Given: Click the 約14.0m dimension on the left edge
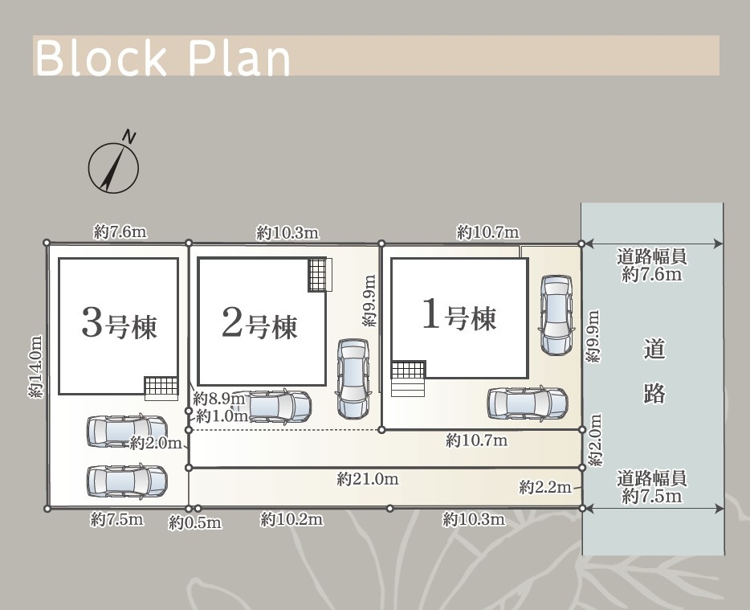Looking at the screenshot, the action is (x=36, y=366).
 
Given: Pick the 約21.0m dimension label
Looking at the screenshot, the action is (x=367, y=479).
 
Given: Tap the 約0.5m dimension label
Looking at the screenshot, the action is (x=194, y=522).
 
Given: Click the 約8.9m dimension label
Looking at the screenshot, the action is (x=219, y=398).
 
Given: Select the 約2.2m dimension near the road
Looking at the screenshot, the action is (x=545, y=487).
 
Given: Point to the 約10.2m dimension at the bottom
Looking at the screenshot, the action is (x=291, y=519).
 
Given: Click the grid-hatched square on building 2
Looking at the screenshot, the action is (x=317, y=274).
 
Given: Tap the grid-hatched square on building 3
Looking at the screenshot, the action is (x=161, y=386).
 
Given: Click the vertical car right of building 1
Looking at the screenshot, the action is (x=556, y=315).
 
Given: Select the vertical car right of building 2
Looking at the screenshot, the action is (x=353, y=379).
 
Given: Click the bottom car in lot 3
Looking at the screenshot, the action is (x=127, y=481).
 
